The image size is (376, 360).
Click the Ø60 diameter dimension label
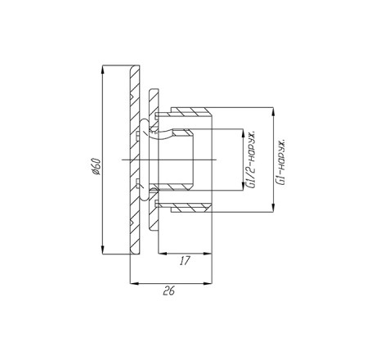[x=96, y=166]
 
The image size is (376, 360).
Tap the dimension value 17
[x=185, y=261]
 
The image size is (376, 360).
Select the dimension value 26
[x=169, y=291]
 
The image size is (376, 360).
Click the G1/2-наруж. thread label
[x=251, y=160]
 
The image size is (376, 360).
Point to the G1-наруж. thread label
[x=280, y=162]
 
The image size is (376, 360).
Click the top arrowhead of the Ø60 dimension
[x=102, y=70]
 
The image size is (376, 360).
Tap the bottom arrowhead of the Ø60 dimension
[x=102, y=250]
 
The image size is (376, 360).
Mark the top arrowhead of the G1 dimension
[x=273, y=111]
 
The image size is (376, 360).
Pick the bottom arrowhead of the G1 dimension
[x=273, y=208]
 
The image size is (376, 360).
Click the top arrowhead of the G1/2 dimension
[x=243, y=133]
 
